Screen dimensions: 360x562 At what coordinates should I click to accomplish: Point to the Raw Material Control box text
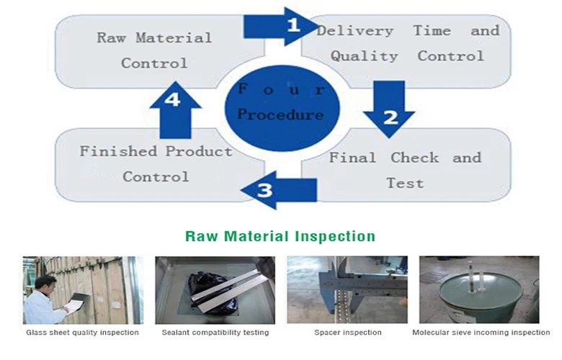[154, 50]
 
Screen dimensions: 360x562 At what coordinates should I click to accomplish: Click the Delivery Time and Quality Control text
[408, 43]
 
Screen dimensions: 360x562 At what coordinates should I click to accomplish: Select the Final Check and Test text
[405, 170]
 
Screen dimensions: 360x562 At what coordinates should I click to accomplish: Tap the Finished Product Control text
[156, 163]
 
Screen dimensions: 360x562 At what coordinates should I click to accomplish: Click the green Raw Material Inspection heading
[280, 236]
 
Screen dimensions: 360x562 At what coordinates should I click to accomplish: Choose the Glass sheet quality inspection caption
[82, 333]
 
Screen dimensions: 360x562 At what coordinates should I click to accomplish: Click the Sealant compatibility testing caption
[215, 333]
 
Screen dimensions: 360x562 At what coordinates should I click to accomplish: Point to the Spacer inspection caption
[348, 333]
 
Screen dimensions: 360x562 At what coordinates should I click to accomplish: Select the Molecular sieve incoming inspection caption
[481, 333]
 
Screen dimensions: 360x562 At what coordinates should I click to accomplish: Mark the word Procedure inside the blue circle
[280, 114]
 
